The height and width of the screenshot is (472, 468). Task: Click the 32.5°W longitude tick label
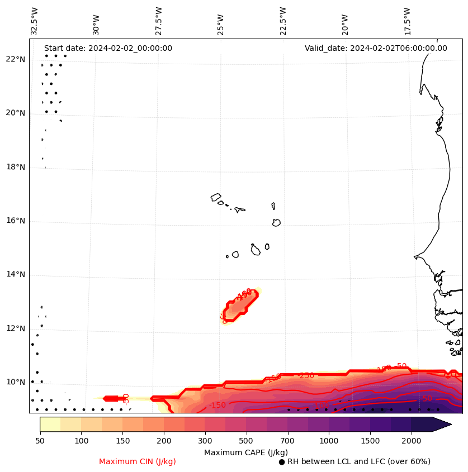click(35, 21)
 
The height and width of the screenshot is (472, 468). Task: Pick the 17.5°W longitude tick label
click(408, 21)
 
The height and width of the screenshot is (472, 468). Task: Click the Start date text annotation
click(108, 48)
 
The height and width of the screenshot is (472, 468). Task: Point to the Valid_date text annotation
click(376, 48)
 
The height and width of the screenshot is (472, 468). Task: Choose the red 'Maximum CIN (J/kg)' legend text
click(138, 461)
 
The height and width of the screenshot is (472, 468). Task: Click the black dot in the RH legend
click(282, 462)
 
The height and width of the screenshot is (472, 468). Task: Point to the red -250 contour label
click(307, 375)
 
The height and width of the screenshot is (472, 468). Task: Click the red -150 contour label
click(218, 405)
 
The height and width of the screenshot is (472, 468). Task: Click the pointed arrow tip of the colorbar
click(450, 424)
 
